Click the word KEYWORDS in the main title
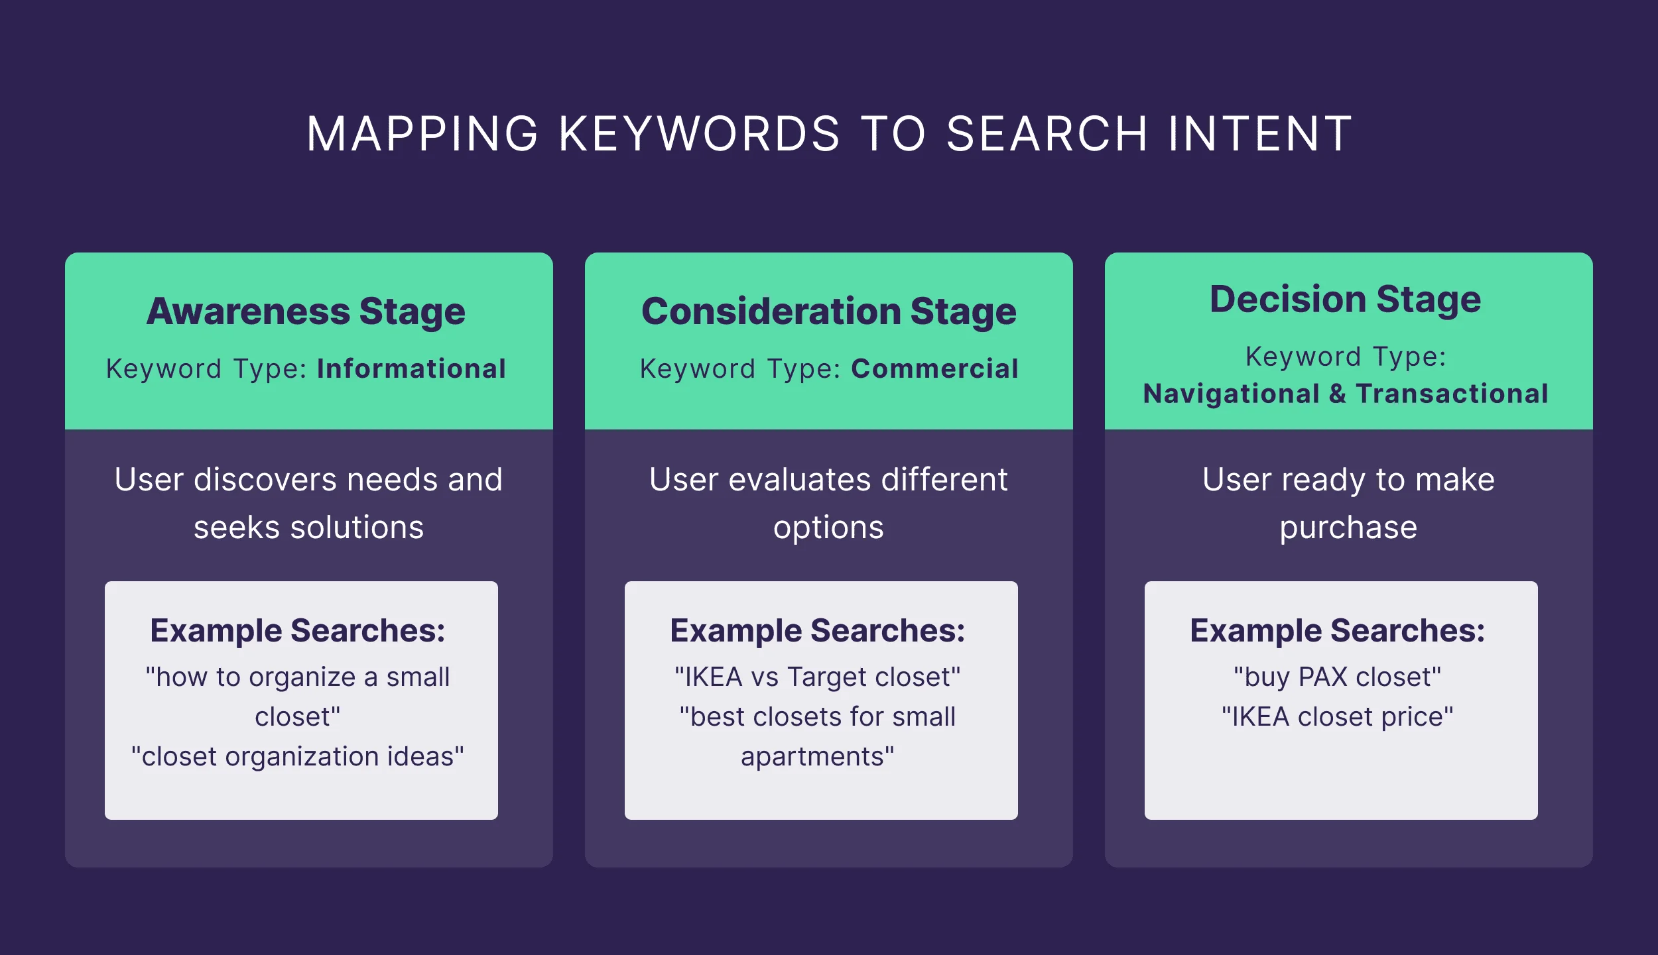click(700, 134)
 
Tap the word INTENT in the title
click(1260, 134)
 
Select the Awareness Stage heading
click(306, 311)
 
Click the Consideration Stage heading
click(828, 311)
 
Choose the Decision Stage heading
click(1345, 299)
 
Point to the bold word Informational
click(411, 368)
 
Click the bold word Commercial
click(934, 368)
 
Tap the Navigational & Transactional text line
click(1346, 394)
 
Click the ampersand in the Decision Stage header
click(1338, 394)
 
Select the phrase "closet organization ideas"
click(298, 756)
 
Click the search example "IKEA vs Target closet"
click(817, 677)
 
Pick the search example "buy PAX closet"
click(1337, 677)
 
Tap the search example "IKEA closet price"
click(1337, 716)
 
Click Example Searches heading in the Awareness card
click(298, 630)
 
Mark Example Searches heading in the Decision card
click(1337, 630)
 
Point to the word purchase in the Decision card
click(1348, 528)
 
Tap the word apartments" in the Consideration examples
click(817, 757)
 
